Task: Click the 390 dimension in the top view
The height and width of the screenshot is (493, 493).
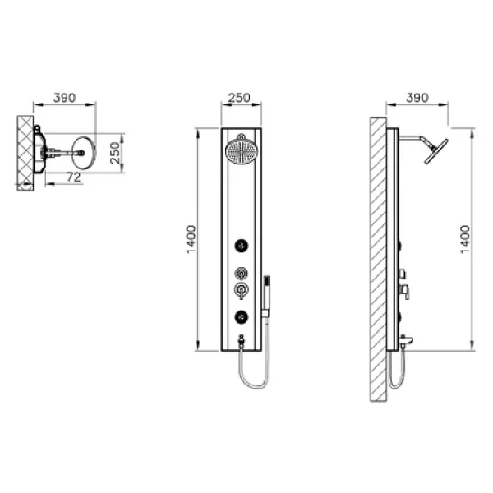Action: click(64, 98)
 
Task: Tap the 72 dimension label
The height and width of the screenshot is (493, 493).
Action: click(74, 177)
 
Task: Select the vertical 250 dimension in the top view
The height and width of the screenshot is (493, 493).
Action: click(115, 153)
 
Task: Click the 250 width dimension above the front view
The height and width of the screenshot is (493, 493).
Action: click(239, 98)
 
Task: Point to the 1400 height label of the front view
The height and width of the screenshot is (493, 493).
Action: click(191, 240)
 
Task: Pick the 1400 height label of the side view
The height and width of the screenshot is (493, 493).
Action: click(465, 240)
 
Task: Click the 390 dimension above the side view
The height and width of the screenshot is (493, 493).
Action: click(417, 98)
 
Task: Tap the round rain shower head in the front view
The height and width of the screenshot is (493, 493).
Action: click(241, 151)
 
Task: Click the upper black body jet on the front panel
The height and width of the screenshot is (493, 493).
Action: click(241, 246)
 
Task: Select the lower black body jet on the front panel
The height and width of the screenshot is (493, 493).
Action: click(241, 316)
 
